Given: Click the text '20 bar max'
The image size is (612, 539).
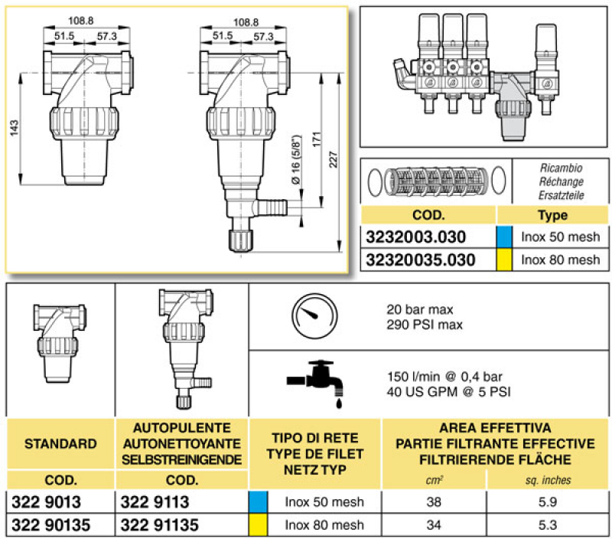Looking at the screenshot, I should pyautogui.click(x=420, y=310).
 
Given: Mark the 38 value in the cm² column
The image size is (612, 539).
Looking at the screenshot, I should pyautogui.click(x=433, y=502).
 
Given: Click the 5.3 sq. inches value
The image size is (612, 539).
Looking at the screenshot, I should pyautogui.click(x=547, y=525).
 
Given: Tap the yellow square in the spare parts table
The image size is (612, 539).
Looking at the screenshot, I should pyautogui.click(x=505, y=260).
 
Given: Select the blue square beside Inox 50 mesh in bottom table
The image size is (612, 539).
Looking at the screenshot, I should pyautogui.click(x=258, y=502).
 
